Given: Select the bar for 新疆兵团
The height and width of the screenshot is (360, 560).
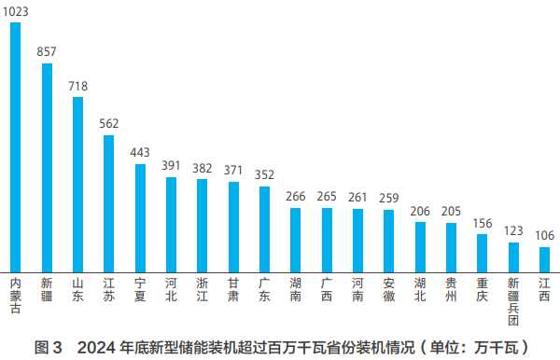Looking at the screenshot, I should (x=513, y=256).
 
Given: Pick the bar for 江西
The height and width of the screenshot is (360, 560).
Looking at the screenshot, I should (x=544, y=258).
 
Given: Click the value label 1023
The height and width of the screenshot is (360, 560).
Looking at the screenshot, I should (x=16, y=12).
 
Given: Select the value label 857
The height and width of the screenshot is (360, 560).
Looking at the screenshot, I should (x=47, y=53).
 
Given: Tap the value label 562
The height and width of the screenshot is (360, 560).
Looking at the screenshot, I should (x=109, y=125).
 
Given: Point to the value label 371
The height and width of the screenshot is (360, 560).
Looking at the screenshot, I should (x=233, y=171).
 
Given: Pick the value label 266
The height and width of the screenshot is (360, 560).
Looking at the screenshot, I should (x=296, y=197).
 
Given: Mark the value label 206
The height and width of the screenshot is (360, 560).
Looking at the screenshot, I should (x=420, y=212).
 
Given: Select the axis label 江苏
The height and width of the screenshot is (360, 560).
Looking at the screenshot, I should (x=109, y=289).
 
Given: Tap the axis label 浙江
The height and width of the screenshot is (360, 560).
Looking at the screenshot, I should (x=203, y=289).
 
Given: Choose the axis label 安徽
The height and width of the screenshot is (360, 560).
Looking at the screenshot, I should (x=389, y=289).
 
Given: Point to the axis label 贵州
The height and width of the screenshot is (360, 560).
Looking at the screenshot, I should (x=451, y=289).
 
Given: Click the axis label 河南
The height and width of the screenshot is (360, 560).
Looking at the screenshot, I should (x=357, y=289).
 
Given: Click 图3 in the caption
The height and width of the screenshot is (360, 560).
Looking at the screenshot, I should (x=48, y=348).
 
